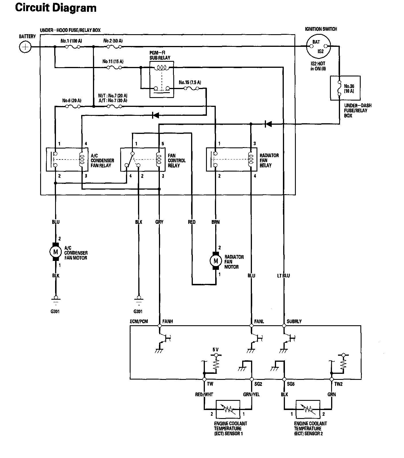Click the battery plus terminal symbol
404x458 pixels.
click(x=25, y=47)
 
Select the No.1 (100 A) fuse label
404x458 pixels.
click(x=71, y=41)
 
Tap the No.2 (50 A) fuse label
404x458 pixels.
click(x=113, y=41)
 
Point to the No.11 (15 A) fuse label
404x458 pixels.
click(x=113, y=61)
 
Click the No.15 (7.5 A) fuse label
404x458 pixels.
click(x=190, y=82)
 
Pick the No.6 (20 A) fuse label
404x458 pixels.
click(x=72, y=101)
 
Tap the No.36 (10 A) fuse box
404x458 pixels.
click(x=345, y=88)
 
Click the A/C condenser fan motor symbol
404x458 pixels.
click(x=56, y=252)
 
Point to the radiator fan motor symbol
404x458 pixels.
click(x=216, y=261)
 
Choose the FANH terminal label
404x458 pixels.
click(x=168, y=321)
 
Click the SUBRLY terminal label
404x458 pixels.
click(x=294, y=321)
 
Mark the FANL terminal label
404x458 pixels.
click(x=259, y=321)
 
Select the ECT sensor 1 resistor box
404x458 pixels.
click(x=228, y=409)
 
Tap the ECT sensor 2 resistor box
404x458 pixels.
click(x=308, y=409)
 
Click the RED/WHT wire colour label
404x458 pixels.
click(x=204, y=395)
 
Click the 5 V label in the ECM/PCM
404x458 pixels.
click(x=215, y=350)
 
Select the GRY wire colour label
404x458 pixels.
click(x=159, y=222)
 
